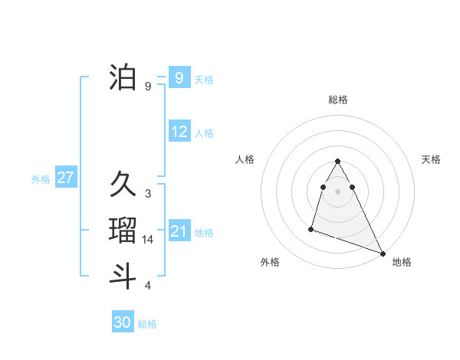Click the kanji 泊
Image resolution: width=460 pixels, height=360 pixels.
(x=123, y=78)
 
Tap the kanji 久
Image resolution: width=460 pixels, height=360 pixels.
(x=123, y=185)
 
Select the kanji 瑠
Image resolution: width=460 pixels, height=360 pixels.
(x=123, y=231)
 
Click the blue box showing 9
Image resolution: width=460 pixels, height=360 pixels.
(x=179, y=78)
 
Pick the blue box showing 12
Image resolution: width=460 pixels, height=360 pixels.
(x=179, y=132)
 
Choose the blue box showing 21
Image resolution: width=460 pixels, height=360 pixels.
(x=179, y=231)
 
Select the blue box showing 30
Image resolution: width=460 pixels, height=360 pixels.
(x=123, y=322)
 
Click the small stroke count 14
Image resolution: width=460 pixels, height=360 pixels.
(x=149, y=240)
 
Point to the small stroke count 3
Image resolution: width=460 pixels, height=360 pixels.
(x=148, y=194)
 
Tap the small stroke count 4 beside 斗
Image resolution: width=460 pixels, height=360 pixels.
(x=148, y=286)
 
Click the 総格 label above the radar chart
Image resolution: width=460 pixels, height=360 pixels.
(x=337, y=100)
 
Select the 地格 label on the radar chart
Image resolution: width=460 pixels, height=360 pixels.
(x=402, y=262)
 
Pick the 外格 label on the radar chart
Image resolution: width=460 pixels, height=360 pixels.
(x=270, y=262)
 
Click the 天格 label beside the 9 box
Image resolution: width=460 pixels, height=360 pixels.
(x=205, y=79)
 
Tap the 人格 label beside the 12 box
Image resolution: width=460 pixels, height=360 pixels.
(x=205, y=133)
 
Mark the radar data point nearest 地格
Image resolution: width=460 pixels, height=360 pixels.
(x=383, y=254)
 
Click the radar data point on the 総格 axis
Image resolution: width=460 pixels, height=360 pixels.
(x=337, y=162)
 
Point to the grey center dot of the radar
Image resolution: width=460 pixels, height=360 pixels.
(x=337, y=189)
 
